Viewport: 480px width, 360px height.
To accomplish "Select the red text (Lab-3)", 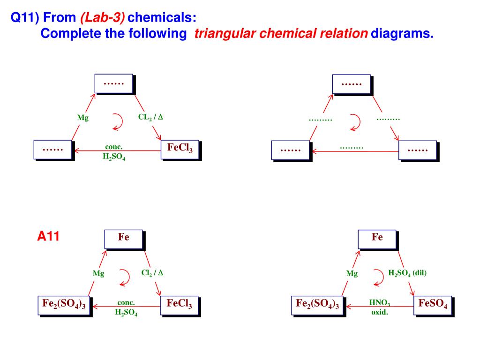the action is point(102,18).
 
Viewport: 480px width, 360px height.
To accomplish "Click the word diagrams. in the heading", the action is point(402,34).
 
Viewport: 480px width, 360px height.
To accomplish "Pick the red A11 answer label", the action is point(48,237).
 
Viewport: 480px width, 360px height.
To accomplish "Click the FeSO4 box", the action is point(433,305).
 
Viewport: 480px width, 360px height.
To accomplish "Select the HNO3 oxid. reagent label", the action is point(380,307).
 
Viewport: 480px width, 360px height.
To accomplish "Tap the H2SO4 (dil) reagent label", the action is point(407,273).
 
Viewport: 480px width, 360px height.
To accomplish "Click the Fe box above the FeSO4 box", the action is point(377,239).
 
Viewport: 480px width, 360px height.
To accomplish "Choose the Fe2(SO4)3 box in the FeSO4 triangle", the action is point(317,305).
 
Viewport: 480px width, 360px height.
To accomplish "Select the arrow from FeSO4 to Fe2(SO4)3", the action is point(380,307).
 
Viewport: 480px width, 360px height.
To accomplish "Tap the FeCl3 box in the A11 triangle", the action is point(179,305).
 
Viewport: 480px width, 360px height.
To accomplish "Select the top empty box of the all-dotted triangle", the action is point(351,83).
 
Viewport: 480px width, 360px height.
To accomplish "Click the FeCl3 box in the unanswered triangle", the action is point(180,149).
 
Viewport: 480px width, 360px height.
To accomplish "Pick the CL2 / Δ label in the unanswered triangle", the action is point(150,117).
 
